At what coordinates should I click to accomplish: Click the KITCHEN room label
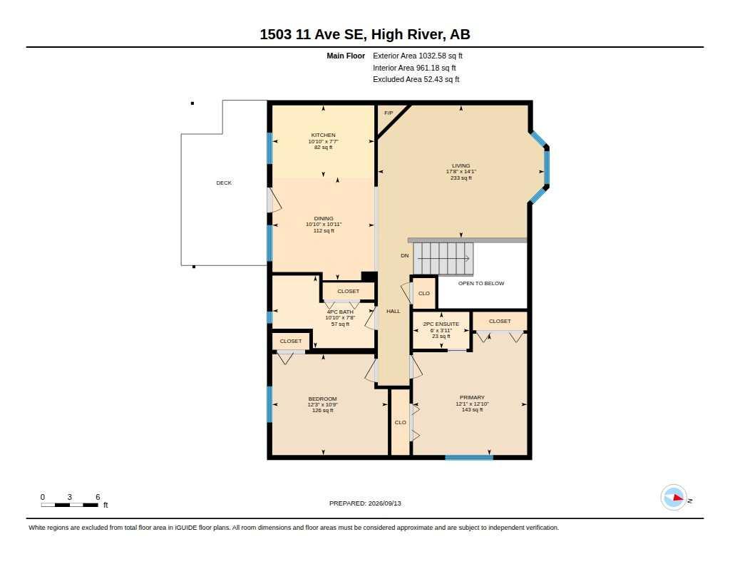pos(323,135)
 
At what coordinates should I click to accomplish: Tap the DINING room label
pos(324,218)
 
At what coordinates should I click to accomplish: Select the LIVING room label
pos(461,166)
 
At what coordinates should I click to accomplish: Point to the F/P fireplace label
pos(389,113)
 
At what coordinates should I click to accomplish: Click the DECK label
pos(224,183)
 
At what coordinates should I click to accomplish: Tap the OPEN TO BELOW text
pos(481,283)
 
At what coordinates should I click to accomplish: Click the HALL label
pos(394,311)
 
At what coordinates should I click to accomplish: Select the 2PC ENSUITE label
pos(441,324)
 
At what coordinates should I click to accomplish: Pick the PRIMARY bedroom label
pos(472,398)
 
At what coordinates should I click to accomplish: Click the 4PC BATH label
pos(340,312)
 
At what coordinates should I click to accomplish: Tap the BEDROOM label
pos(323,399)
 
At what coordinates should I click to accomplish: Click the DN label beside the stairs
pos(405,256)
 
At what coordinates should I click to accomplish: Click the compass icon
pos(674,498)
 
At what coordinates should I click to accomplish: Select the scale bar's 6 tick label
pos(98,497)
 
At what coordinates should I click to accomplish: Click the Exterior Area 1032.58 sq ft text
pos(418,56)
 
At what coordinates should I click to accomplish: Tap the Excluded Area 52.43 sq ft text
pos(416,80)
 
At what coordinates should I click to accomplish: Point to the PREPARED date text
pos(365,503)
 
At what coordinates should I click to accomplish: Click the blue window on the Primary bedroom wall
pos(469,458)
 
